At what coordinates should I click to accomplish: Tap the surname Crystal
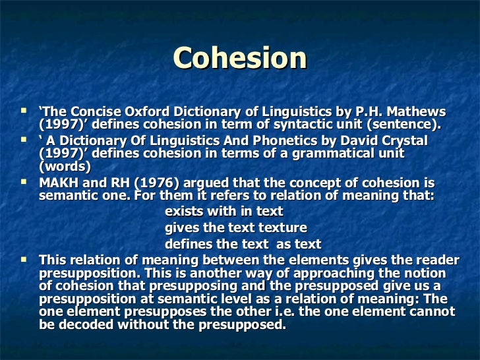398,141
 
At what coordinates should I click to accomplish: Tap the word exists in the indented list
184,212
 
